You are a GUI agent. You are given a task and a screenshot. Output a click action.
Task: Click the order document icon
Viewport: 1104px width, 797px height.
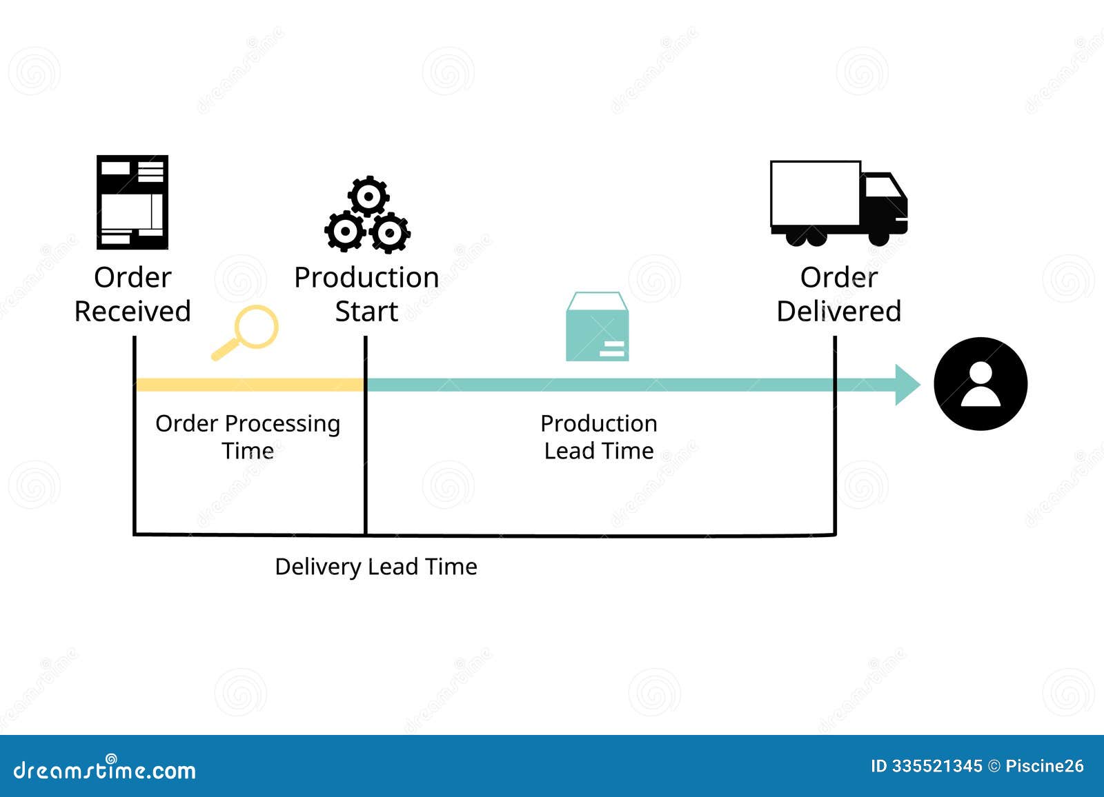click(x=132, y=202)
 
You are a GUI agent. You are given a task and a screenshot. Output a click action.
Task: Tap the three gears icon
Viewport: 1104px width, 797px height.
click(x=367, y=215)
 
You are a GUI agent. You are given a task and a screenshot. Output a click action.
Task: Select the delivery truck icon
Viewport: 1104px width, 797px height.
click(x=838, y=203)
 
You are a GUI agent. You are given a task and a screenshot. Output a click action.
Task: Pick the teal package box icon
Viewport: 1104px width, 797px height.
click(x=597, y=327)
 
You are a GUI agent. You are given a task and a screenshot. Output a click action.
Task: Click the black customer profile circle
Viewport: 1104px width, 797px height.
click(x=980, y=384)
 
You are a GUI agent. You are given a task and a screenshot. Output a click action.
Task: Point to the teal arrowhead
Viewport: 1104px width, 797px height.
click(x=907, y=385)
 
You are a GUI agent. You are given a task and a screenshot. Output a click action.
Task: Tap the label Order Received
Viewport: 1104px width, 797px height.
click(x=132, y=294)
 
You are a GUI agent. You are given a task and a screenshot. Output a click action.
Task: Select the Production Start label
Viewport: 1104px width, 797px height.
click(x=366, y=294)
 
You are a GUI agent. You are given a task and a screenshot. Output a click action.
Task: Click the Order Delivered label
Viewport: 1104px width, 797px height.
click(x=838, y=294)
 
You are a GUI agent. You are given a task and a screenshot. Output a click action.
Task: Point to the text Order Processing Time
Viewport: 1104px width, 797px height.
click(x=248, y=436)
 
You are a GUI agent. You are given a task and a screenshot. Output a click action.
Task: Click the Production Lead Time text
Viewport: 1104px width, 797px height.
click(x=598, y=436)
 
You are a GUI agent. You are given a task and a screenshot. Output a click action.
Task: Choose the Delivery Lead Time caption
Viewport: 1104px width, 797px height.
click(x=376, y=567)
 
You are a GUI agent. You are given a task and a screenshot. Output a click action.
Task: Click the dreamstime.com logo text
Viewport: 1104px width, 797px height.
click(x=105, y=769)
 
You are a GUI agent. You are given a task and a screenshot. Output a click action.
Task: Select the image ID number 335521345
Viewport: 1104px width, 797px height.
click(x=936, y=766)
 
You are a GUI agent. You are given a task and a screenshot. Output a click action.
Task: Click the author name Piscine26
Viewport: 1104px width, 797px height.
click(x=1044, y=766)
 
